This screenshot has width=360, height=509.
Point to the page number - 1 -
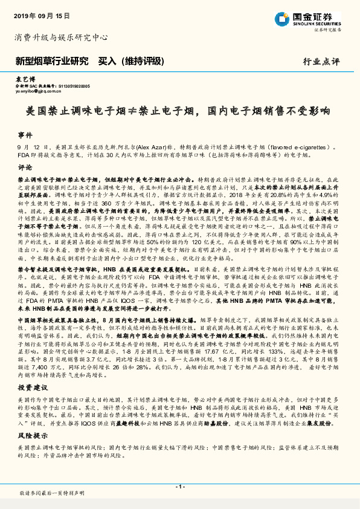click(179, 486)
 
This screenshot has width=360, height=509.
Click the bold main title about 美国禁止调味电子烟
click(179, 112)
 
